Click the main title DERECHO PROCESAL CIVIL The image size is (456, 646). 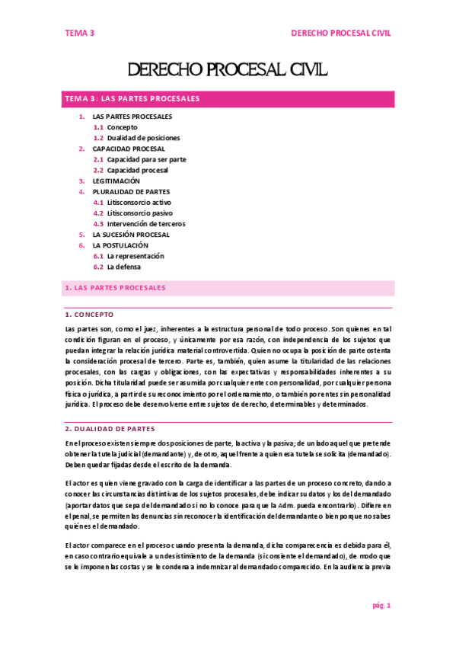[x=228, y=71]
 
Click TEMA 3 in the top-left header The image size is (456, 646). [x=79, y=34]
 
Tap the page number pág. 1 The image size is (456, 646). [x=381, y=606]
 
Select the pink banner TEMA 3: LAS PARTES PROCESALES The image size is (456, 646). [x=228, y=98]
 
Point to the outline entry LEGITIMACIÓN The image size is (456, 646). [x=116, y=181]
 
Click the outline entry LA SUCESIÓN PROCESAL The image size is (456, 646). [x=130, y=235]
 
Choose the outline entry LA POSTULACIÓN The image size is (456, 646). [x=120, y=246]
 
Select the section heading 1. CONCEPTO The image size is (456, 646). [x=90, y=314]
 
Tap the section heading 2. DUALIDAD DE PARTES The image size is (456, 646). [x=110, y=428]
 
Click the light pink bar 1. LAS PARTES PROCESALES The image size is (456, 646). [x=228, y=288]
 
